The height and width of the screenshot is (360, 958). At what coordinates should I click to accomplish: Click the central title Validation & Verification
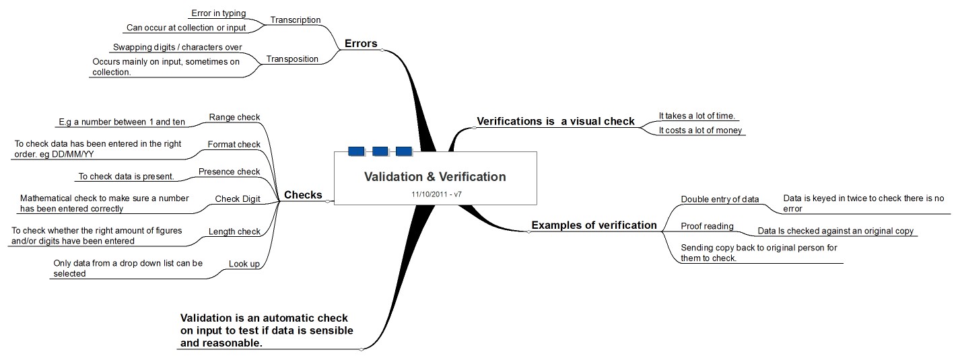click(434, 177)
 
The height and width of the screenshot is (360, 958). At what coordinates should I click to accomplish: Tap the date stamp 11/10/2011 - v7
click(435, 194)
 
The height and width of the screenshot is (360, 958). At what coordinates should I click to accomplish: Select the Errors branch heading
click(361, 44)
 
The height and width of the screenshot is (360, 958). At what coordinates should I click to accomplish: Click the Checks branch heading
click(303, 195)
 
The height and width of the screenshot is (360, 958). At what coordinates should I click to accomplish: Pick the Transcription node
click(296, 20)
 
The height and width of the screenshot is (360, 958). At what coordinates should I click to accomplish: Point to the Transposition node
click(292, 59)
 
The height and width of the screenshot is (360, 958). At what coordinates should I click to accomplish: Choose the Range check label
click(234, 117)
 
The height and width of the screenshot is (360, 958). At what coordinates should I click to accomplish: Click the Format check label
click(234, 145)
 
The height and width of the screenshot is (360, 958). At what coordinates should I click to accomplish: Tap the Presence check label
click(229, 172)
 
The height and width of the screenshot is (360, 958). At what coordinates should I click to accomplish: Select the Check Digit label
click(237, 199)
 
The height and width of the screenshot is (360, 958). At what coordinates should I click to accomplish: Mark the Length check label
click(234, 231)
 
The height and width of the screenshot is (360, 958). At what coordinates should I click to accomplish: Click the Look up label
click(244, 264)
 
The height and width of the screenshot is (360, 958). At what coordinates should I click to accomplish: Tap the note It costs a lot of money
click(700, 130)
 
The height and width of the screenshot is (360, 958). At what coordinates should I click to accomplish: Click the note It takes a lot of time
click(696, 116)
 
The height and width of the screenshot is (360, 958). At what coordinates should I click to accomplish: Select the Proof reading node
click(707, 226)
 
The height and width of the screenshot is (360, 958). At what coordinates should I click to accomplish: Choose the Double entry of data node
click(720, 199)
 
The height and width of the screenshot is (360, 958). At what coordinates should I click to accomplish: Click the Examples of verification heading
click(594, 225)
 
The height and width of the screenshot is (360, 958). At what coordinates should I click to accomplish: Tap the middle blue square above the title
click(380, 151)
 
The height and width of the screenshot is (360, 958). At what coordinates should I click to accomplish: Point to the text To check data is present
click(127, 177)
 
